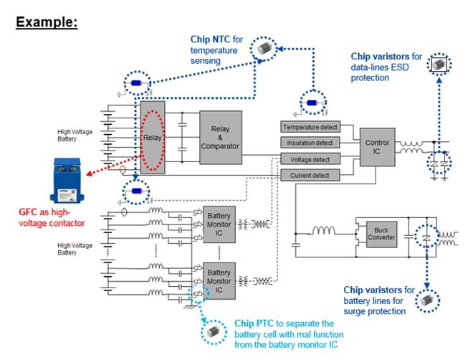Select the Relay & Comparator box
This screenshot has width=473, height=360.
(221, 136)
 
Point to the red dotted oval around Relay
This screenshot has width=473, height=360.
(152, 137)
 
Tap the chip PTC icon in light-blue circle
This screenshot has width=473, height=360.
(213, 332)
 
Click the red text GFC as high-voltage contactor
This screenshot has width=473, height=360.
(47, 218)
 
